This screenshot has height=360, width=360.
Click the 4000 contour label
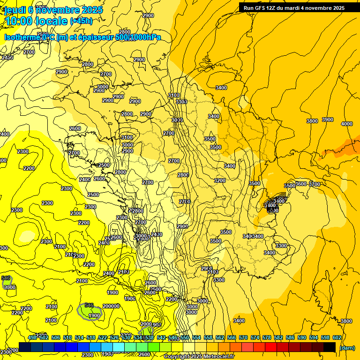pyautogui.click(x=347, y=124)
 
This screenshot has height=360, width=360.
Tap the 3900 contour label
pyautogui.click(x=327, y=120)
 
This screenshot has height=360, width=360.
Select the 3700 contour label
pyautogui.click(x=314, y=184)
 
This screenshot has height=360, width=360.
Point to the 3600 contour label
pyautogui.click(x=301, y=184)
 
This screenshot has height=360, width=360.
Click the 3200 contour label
pyautogui.click(x=220, y=180)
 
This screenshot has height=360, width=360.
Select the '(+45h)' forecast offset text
pyautogui.click(x=81, y=21)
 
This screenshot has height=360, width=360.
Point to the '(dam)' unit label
pyautogui.click(x=346, y=348)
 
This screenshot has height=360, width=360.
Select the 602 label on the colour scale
pyautogui.click(x=336, y=337)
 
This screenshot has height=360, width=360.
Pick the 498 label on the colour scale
pyautogui.click(x=32, y=337)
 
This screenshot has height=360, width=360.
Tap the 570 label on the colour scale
pyautogui.click(x=243, y=337)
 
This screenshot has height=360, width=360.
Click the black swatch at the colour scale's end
pyautogui.click(x=330, y=347)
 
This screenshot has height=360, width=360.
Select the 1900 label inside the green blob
pyautogui.click(x=94, y=315)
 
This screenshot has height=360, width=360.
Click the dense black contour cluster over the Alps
pyautogui.click(x=274, y=204)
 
